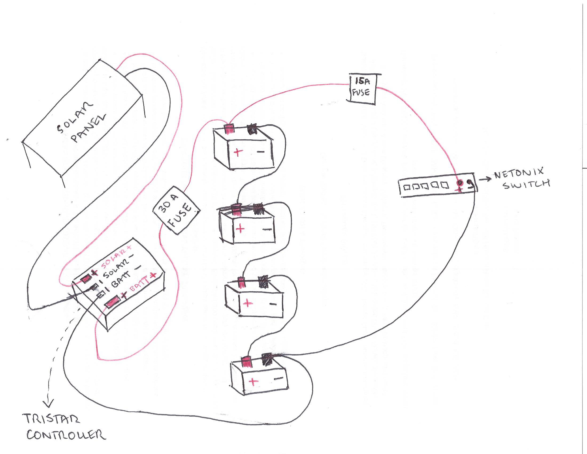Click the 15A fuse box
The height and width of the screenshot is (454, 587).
[x=362, y=88]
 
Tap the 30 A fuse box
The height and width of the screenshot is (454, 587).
[x=176, y=210]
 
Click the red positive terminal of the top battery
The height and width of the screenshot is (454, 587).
[x=229, y=128]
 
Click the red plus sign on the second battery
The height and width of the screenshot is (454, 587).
[x=240, y=229]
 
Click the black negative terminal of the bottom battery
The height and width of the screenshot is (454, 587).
[x=268, y=359]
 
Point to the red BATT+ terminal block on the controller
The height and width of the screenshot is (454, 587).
[x=113, y=302]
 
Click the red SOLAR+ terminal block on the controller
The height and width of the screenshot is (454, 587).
[x=86, y=279]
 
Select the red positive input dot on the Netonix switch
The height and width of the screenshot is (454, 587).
[x=460, y=183]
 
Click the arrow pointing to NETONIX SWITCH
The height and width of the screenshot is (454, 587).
[x=485, y=179]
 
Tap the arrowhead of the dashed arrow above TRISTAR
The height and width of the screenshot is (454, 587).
[x=49, y=404]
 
